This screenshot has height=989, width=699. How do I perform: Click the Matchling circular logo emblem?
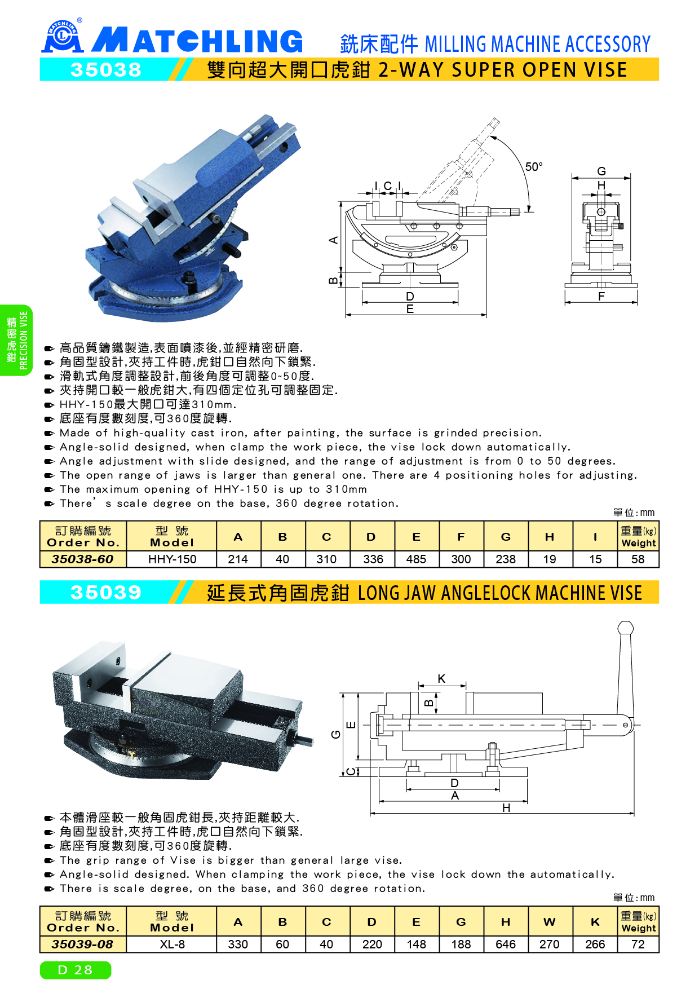[63, 37]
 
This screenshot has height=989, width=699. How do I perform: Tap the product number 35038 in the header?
[106, 70]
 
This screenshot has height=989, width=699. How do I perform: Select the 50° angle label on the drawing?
[534, 167]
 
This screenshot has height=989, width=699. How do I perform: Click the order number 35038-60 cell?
[83, 559]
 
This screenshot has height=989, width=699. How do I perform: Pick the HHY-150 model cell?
[172, 559]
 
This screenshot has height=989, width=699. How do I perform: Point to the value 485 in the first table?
[416, 559]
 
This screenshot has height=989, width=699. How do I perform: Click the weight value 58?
[638, 559]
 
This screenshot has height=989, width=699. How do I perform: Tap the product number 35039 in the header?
[106, 593]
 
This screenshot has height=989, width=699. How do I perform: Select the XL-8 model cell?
[172, 944]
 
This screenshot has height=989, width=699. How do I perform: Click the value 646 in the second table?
[506, 944]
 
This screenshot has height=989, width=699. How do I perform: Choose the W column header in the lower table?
[550, 922]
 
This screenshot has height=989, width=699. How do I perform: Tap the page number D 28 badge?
[76, 970]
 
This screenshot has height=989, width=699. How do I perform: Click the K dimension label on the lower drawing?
[441, 679]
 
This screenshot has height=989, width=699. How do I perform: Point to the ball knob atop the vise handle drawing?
[626, 628]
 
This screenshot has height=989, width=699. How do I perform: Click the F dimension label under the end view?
[601, 297]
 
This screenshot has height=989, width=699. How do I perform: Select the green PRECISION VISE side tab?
[16, 340]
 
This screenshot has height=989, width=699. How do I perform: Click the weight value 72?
[638, 944]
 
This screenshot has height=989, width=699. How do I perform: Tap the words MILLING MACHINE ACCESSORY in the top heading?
[537, 44]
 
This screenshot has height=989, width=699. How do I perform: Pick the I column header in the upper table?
[595, 537]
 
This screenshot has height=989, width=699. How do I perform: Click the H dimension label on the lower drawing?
[506, 808]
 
